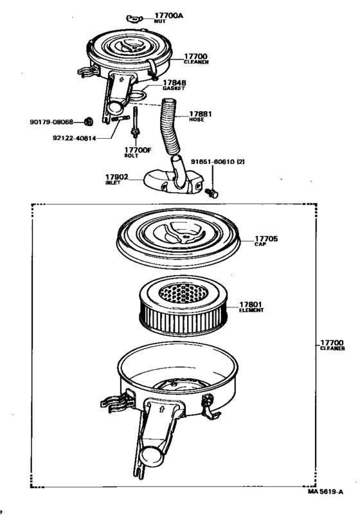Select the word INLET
113,183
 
